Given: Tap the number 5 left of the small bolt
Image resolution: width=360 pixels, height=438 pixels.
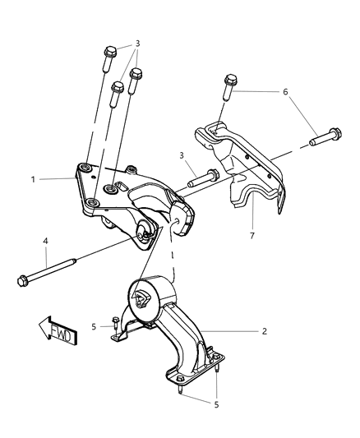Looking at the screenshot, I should (95, 326).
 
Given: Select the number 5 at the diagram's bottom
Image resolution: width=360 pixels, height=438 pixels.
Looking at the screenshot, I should (216, 403).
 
